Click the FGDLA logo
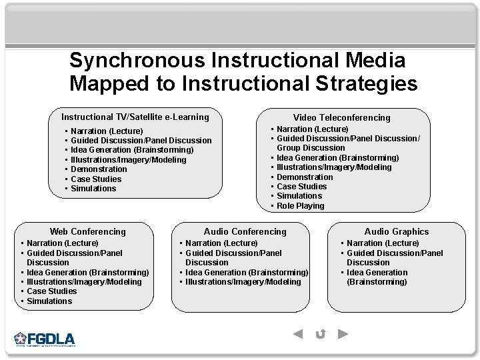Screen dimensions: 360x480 (x=45, y=339)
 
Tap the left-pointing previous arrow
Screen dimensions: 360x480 (x=298, y=334)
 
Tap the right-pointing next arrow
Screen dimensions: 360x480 (x=343, y=334)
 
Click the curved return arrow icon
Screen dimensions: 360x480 (x=321, y=334)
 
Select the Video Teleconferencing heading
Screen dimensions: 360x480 (x=342, y=117)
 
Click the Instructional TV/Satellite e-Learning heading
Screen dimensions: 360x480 (x=135, y=117)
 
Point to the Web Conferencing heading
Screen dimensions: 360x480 (x=87, y=231)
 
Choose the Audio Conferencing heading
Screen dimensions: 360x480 (x=245, y=231)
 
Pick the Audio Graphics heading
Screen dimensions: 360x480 (x=397, y=231)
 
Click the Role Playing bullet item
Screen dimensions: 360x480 (x=300, y=206)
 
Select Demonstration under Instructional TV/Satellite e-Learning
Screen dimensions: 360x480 (x=99, y=169)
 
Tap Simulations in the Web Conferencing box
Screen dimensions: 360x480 (x=49, y=301)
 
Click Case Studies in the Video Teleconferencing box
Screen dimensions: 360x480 (x=301, y=187)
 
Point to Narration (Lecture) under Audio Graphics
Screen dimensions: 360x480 (x=383, y=243)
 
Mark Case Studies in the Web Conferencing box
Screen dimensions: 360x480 (x=52, y=291)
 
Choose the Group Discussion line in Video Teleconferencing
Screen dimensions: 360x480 (x=311, y=148)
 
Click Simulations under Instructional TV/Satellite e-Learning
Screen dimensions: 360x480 (x=93, y=189)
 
